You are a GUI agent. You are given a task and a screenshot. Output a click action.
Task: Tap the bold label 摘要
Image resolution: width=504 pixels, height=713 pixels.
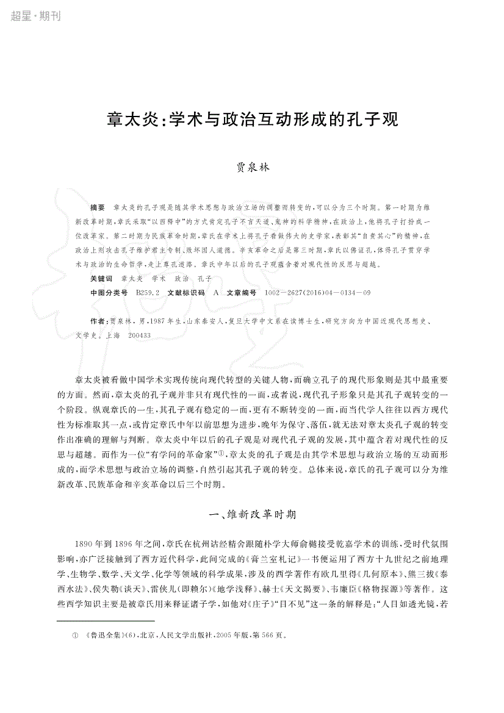click(98, 208)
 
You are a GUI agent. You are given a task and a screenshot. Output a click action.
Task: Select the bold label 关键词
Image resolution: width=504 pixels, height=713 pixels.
click(101, 278)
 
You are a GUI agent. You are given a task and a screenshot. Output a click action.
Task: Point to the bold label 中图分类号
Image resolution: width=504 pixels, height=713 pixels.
click(109, 293)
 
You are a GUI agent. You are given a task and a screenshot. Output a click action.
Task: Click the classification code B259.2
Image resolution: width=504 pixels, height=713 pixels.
click(148, 293)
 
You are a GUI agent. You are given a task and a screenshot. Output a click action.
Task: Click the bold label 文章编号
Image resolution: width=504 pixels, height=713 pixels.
click(242, 293)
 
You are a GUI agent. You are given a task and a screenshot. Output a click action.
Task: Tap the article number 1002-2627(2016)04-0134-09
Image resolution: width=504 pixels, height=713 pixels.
click(317, 293)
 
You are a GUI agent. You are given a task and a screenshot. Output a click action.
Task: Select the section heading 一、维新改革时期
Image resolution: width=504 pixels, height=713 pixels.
click(252, 514)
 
